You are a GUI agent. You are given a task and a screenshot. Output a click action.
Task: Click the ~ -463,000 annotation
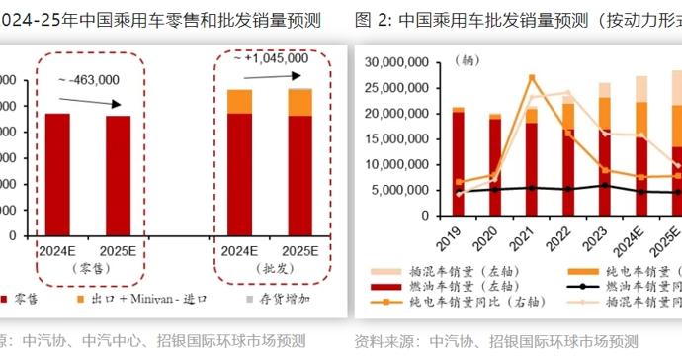pos(88,80)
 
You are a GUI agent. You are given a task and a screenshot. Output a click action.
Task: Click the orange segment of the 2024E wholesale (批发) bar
pos(239,101)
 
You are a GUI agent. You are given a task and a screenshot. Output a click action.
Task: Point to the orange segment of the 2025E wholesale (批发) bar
pos(299,102)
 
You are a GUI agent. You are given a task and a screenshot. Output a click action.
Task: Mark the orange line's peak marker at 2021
pos(532,78)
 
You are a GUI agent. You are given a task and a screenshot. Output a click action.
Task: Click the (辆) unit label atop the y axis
pos(466,59)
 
